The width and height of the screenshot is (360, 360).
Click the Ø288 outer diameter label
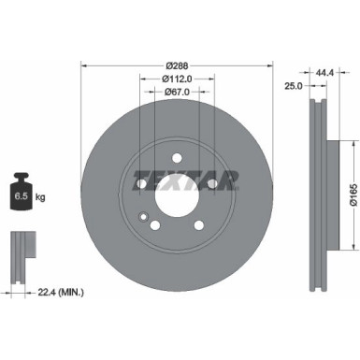point(177,65)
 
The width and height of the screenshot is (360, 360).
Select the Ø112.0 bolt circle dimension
point(178,79)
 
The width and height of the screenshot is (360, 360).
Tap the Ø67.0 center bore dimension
point(178,92)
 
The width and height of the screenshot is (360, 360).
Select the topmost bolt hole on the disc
point(178,160)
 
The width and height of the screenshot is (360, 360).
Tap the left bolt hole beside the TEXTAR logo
point(141,184)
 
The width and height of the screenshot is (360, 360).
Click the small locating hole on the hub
point(143,221)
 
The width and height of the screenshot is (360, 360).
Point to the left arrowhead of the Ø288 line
point(85,65)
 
